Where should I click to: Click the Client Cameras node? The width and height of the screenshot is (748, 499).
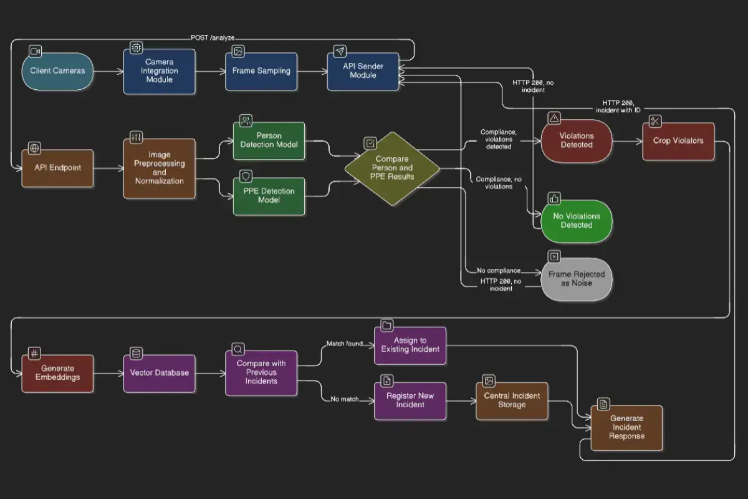57,71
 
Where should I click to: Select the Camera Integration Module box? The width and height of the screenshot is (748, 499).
159,71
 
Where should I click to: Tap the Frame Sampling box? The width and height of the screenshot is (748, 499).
261,71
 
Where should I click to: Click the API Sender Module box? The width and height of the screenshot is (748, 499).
363,71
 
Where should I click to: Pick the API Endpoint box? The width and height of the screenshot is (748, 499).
57,168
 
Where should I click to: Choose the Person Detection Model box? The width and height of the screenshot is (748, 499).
269,140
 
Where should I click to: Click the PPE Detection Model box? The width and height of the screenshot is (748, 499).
269,196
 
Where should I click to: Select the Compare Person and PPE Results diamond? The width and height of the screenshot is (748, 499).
392,168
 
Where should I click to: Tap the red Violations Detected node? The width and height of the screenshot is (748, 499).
577,141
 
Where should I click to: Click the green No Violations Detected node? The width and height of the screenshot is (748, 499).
577,221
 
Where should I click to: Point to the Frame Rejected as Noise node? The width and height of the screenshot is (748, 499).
577,279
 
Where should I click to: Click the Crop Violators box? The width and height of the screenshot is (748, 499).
678,141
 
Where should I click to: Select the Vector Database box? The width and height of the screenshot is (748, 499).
159,373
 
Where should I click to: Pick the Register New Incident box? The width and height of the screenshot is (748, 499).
410,400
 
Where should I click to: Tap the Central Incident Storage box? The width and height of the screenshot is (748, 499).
512,400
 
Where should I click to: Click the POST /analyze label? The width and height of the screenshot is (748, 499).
213,38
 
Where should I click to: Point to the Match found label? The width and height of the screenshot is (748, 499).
345,344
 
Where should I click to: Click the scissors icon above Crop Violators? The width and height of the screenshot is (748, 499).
654,121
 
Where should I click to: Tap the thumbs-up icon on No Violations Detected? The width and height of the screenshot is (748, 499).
554,199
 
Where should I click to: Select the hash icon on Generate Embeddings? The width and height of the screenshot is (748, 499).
34,353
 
